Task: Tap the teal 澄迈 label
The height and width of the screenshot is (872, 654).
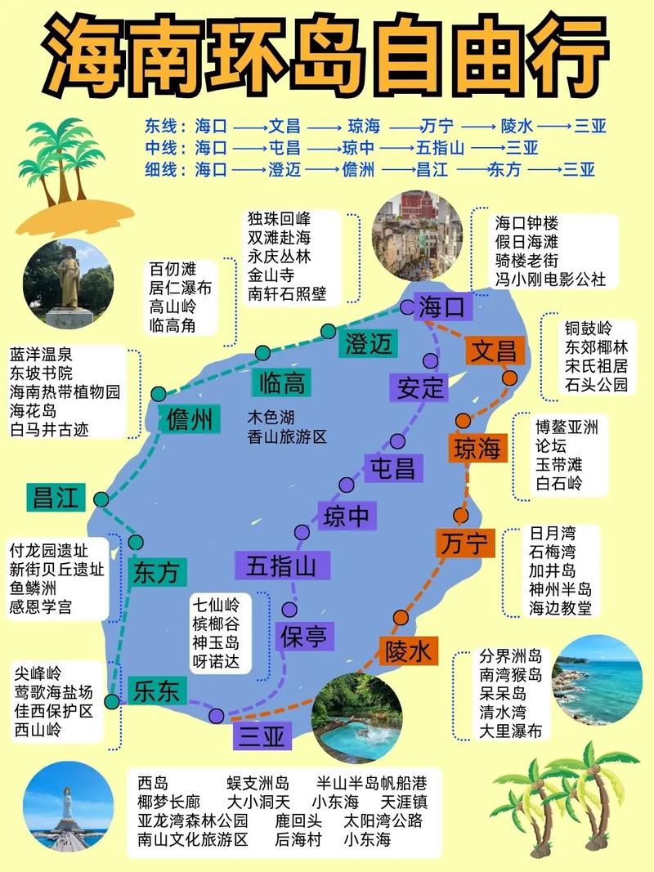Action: click(x=369, y=344)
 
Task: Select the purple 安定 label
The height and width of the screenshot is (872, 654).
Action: click(x=420, y=387)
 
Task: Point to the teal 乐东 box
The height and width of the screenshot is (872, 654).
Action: click(x=156, y=691)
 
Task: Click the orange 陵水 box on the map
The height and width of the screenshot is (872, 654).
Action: click(x=408, y=651)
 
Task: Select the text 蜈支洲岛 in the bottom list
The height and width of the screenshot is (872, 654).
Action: click(x=258, y=783)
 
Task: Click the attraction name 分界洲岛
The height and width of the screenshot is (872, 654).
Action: click(x=511, y=656)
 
